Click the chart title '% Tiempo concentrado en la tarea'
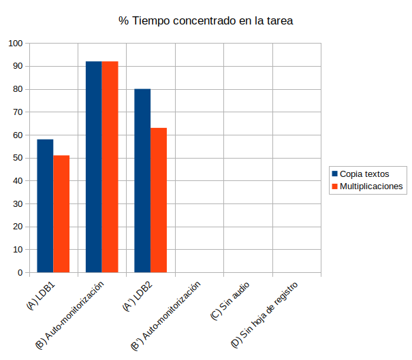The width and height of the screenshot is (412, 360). click(x=206, y=21)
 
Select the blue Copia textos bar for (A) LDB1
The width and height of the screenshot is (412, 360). click(x=45, y=206)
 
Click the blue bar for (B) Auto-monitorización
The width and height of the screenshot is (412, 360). click(x=93, y=167)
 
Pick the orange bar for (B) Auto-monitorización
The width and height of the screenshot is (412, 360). click(x=110, y=167)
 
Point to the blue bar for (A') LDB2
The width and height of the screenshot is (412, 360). click(x=142, y=180)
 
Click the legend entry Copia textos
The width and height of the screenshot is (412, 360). click(x=364, y=173)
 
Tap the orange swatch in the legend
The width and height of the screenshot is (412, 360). click(x=334, y=186)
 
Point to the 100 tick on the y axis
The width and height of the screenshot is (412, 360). click(x=16, y=44)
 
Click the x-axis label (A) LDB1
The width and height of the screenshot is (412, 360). click(x=41, y=297)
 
